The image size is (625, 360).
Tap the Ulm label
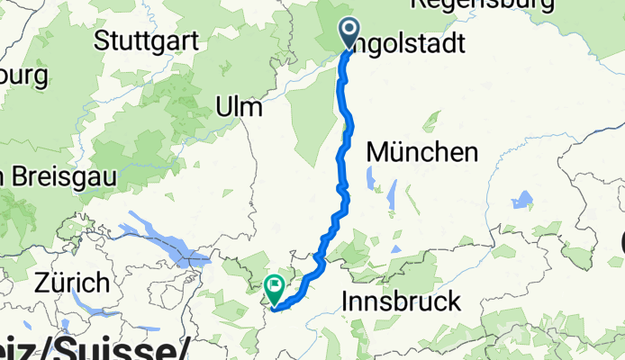click(239, 108)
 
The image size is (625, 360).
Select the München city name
click(422, 154)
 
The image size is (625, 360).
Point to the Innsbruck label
click(403, 301)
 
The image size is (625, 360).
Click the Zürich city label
click(72, 284)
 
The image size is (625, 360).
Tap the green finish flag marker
click(274, 289)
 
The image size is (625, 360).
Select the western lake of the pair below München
click(372, 179)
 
